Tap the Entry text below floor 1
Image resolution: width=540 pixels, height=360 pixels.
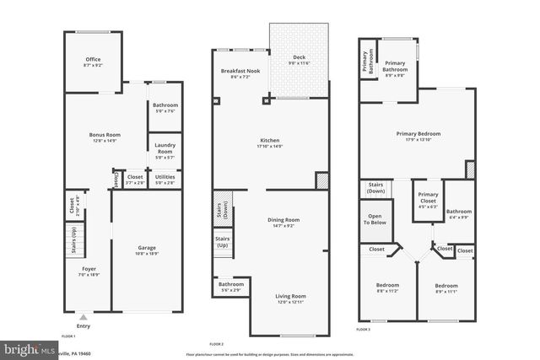click(x=84, y=326)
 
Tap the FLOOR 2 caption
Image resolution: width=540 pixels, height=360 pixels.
click(x=216, y=344)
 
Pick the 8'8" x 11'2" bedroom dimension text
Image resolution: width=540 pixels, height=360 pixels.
click(x=386, y=291)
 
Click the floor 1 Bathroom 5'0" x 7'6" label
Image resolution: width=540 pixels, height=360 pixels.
click(x=165, y=108)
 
